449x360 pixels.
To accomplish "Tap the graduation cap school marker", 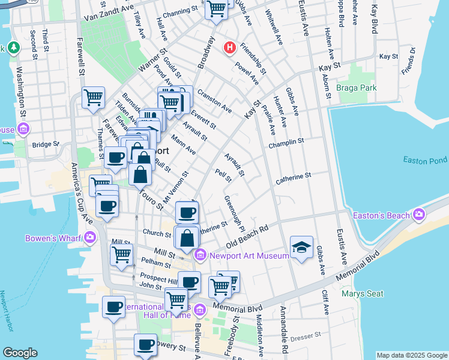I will pyautogui.click(x=301, y=247).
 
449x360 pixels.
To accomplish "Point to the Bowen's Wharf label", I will pyautogui.click(x=53, y=238).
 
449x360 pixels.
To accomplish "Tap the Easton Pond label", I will pyautogui.click(x=425, y=160).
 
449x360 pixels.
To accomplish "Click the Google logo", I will pyautogui.click(x=20, y=353).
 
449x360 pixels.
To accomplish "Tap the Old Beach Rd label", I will pyautogui.click(x=247, y=239).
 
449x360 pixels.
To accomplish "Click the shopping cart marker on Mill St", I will pyautogui.click(x=122, y=254).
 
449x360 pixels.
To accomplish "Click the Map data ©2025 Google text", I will pyautogui.click(x=412, y=355).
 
